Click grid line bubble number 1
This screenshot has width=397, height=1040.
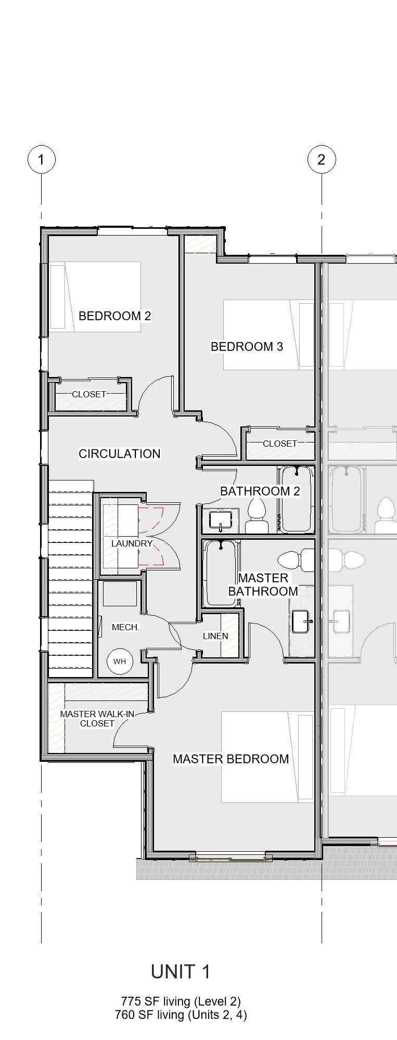[x=41, y=159]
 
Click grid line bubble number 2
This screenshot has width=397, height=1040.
[x=322, y=159]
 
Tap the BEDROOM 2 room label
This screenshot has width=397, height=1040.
[x=114, y=316]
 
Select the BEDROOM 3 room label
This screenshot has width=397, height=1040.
[x=247, y=346]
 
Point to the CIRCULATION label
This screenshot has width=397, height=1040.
[x=119, y=453]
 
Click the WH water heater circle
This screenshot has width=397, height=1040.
[x=120, y=661]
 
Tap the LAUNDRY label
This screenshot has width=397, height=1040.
[x=132, y=543]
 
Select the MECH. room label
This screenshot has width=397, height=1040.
[x=125, y=627]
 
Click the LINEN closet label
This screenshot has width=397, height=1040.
[x=215, y=636]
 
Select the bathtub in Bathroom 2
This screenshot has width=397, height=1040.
[x=297, y=499]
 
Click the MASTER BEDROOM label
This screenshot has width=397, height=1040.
[x=230, y=759]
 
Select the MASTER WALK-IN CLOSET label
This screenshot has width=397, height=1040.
[x=97, y=719]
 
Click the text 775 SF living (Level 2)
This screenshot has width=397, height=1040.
[x=181, y=1001]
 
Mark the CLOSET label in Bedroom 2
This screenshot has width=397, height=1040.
[x=89, y=394]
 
